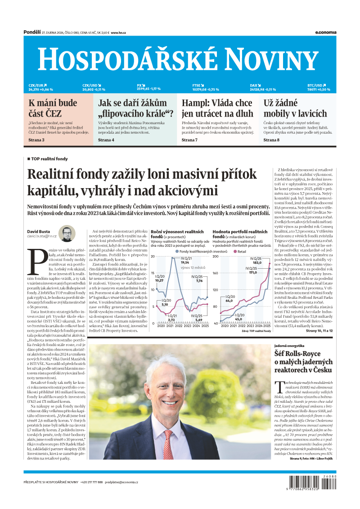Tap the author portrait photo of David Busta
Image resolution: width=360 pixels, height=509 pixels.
coord(67,234)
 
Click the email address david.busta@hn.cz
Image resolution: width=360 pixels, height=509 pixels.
coord(42,235)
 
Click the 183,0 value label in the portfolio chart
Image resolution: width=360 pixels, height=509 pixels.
coord(257,262)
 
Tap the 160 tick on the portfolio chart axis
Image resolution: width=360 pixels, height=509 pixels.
coord(215,273)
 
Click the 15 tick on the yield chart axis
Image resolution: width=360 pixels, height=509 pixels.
coord(153,273)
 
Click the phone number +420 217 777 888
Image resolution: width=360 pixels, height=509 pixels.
coord(92,482)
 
